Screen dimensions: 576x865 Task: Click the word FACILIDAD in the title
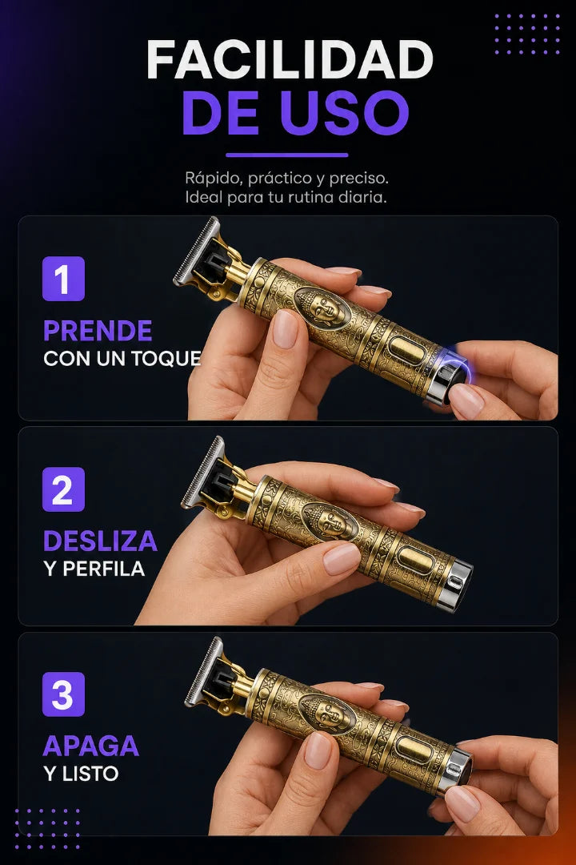coord(290,59)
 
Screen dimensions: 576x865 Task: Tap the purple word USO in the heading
coord(344,113)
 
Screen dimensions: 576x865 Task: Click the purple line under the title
coord(286,155)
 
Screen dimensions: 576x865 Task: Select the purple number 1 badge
coord(63,279)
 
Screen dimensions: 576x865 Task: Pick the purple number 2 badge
coord(63,489)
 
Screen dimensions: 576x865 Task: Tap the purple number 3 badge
coord(63,694)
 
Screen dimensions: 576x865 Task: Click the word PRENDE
coord(98,331)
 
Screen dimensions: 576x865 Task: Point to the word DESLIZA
coord(100,541)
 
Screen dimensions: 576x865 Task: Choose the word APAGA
coord(91,746)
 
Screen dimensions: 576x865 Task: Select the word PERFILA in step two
coord(104,569)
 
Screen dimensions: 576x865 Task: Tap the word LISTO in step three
coord(90,774)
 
